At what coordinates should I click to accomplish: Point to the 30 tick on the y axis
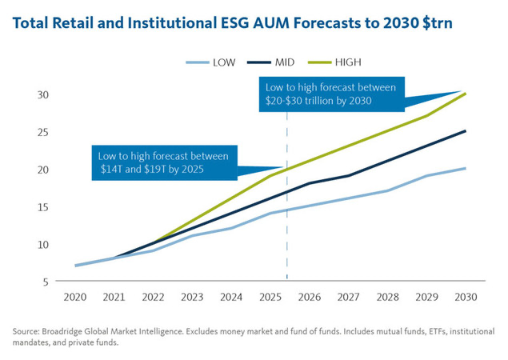(x=43, y=94)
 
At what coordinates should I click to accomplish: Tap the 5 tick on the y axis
(x=46, y=282)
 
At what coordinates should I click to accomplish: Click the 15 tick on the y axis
(x=43, y=206)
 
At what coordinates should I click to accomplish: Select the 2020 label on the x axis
(x=76, y=297)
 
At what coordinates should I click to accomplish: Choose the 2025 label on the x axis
(x=270, y=297)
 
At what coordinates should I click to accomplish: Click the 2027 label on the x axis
(x=349, y=297)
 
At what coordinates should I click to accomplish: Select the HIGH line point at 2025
(x=270, y=176)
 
